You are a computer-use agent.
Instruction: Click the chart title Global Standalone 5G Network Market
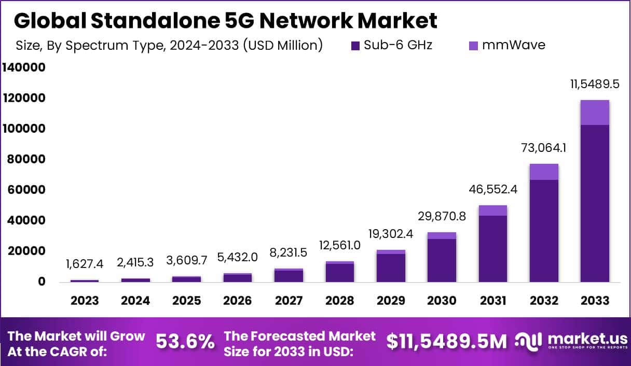[225, 21]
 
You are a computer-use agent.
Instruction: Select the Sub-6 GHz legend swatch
[355, 46]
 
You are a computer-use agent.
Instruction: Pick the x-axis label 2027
[289, 301]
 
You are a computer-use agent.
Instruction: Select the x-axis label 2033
[594, 301]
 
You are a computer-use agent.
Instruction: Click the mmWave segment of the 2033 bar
[595, 112]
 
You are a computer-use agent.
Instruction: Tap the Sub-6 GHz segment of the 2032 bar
[543, 231]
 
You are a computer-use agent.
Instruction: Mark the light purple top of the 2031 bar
[492, 210]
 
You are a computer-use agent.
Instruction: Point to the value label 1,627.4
[85, 264]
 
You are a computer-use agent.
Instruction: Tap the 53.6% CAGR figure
[185, 342]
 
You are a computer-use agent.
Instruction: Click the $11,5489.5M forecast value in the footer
[447, 342]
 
